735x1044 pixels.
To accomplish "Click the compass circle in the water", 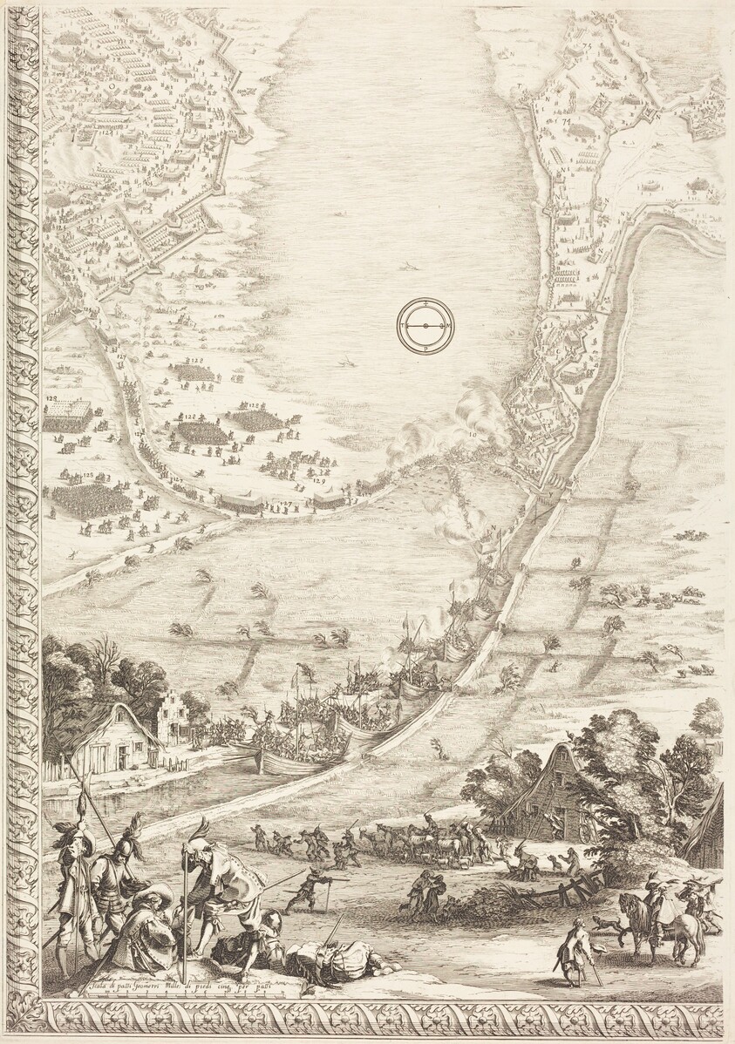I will click(425, 326).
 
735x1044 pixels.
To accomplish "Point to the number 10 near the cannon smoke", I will click(472, 433).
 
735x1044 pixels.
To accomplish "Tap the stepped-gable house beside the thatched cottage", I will click(174, 715).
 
